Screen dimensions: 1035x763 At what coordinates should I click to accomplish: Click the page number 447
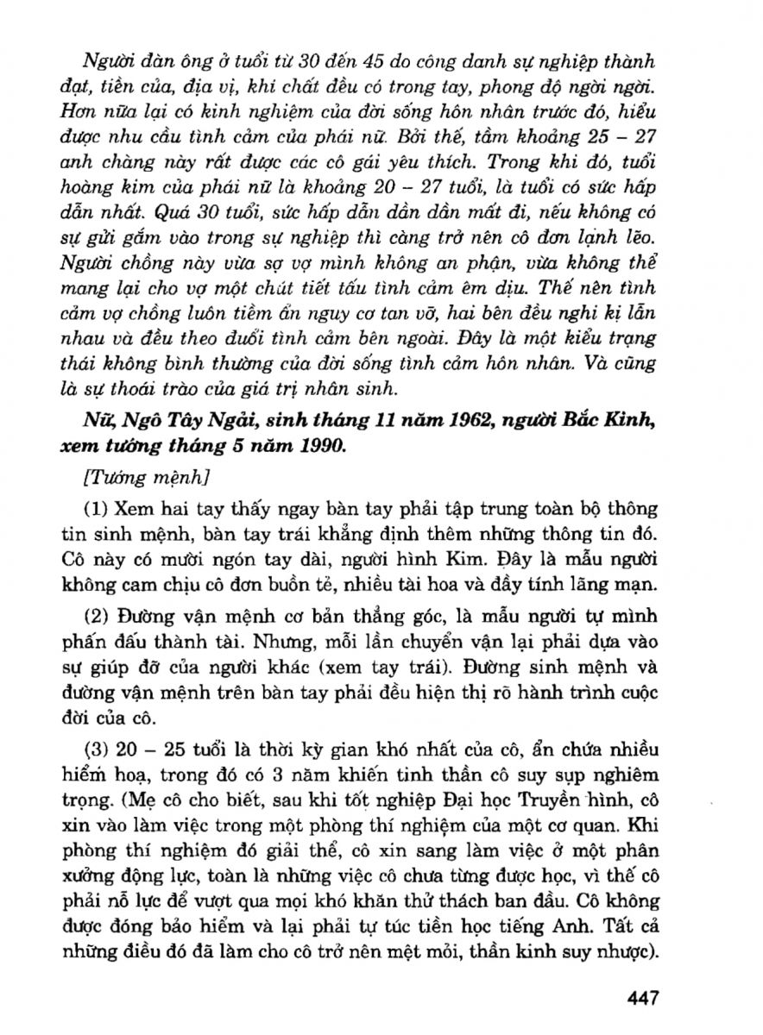click(644, 997)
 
